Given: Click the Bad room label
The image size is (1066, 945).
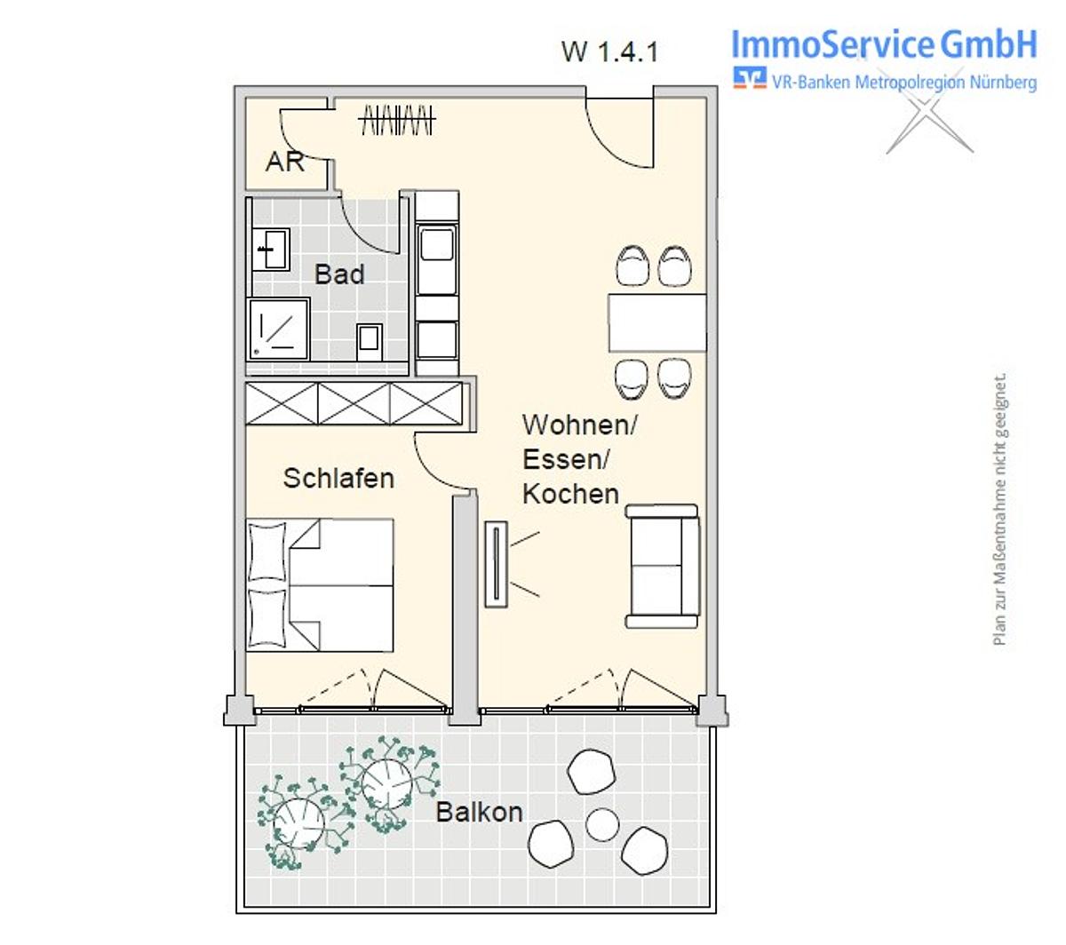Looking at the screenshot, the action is [338, 274].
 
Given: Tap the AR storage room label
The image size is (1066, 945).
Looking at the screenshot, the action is [284, 162].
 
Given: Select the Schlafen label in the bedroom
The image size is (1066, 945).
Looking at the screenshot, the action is [338, 479].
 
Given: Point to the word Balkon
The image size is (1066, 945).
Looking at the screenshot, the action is [479, 812].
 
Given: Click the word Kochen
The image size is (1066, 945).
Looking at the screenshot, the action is [570, 494].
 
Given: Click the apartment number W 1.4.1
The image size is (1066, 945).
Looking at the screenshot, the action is [609, 52].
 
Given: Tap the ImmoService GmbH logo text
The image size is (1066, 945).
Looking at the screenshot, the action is [884, 44].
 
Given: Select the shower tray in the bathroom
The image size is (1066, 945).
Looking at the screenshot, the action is [278, 330].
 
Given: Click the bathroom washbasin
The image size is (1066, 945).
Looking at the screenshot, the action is [270, 250].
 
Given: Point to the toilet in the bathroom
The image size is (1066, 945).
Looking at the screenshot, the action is [369, 341].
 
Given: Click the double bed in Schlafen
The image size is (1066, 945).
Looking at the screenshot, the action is [320, 585].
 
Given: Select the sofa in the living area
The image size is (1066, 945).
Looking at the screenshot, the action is [663, 566].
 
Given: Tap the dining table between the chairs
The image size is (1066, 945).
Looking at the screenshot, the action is [657, 322].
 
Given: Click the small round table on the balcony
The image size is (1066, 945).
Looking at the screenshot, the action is [602, 824].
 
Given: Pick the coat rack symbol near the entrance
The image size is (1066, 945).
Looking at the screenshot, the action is [397, 120].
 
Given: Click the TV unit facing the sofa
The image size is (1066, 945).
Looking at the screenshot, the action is [496, 565].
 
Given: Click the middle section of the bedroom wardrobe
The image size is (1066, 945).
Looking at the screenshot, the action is [354, 403].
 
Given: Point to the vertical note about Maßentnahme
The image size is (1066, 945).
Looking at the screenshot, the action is [999, 509].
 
